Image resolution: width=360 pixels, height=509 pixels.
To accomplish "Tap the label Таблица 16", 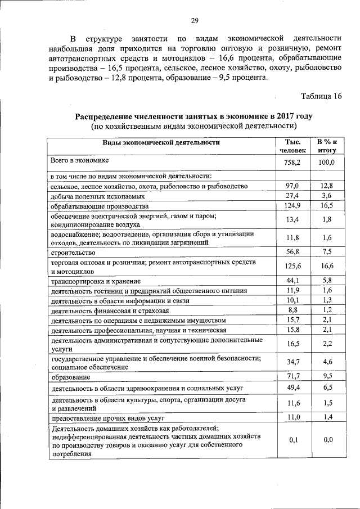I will (321, 96).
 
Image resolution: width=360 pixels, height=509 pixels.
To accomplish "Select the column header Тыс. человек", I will (292, 146).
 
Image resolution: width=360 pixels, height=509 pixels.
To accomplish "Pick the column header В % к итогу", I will (326, 146).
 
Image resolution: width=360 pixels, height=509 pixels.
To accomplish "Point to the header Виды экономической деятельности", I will (161, 142).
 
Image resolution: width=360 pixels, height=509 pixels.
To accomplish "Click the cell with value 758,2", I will (292, 163).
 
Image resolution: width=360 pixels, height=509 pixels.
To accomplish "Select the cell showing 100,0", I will (326, 163).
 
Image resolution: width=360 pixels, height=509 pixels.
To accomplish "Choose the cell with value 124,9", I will (292, 205).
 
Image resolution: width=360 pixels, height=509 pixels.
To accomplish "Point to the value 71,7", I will (293, 375).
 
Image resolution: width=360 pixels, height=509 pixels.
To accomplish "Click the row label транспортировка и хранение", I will (96, 281).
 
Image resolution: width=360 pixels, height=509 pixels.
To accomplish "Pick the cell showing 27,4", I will (292, 196).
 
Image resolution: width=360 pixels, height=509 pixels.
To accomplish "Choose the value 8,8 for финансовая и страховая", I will (292, 310).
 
